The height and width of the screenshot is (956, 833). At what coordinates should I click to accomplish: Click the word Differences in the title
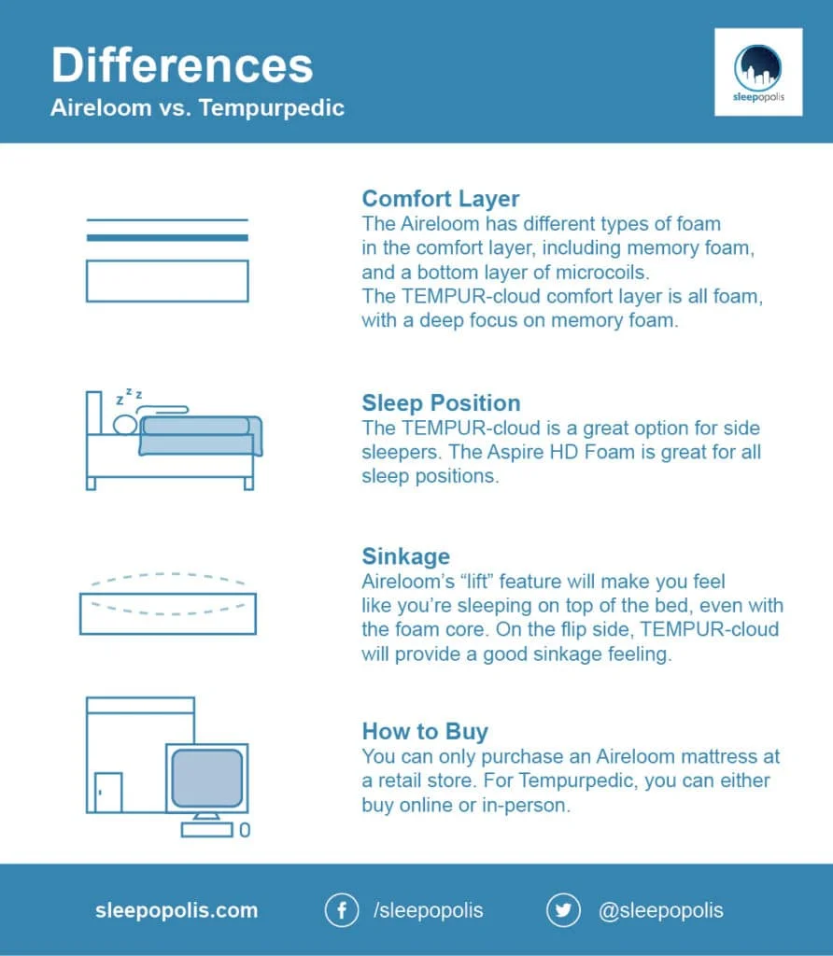[x=181, y=65]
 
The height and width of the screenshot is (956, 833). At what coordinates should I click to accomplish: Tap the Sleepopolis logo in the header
[x=757, y=72]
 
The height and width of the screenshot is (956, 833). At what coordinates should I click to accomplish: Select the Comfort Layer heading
[x=440, y=199]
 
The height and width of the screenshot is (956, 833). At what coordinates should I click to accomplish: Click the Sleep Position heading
[x=441, y=403]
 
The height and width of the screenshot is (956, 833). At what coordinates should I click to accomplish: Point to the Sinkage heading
[x=405, y=556]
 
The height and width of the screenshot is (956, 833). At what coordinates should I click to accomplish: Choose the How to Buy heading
[x=425, y=731]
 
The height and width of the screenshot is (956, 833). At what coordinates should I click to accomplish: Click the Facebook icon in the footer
[x=342, y=910]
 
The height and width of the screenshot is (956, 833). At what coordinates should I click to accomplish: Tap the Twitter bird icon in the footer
[x=563, y=910]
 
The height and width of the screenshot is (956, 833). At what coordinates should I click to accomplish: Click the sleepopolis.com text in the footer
[x=176, y=910]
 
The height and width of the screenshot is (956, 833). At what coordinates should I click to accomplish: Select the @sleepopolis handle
[x=660, y=910]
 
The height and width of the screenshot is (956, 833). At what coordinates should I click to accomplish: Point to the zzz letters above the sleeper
[x=129, y=398]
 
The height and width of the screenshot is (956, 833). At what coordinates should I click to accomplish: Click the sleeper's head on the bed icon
[x=125, y=425]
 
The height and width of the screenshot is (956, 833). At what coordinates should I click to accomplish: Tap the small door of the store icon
[x=107, y=792]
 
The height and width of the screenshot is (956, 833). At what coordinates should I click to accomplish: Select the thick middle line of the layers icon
[x=167, y=238]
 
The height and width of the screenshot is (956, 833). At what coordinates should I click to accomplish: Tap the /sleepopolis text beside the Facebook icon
[x=428, y=910]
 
